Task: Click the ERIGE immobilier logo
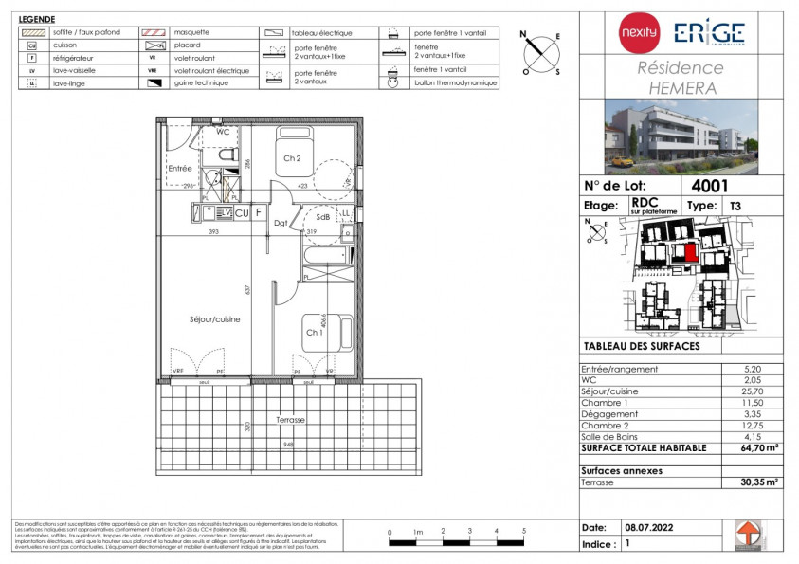(709, 33)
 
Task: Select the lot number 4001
(710, 186)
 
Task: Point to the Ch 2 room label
(292, 158)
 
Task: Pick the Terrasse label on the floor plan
(290, 418)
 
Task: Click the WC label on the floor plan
(223, 132)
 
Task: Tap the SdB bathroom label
(323, 217)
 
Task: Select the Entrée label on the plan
(180, 169)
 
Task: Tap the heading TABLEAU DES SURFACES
(641, 346)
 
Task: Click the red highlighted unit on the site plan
(690, 252)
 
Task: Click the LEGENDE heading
(37, 19)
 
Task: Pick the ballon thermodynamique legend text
(455, 82)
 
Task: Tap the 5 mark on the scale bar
(524, 531)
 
